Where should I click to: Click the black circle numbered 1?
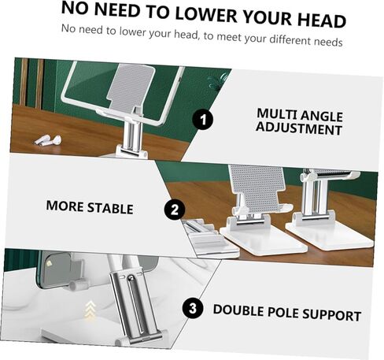point(202,120)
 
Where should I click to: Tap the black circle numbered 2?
point(175,210)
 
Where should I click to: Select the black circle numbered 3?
point(193,308)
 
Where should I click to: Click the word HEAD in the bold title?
point(322,20)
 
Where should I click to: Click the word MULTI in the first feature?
point(276,113)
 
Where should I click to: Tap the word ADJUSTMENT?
point(299,129)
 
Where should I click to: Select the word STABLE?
point(110,208)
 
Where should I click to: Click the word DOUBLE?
point(238,310)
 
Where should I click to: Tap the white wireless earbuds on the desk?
point(47,140)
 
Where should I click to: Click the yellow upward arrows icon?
point(90,309)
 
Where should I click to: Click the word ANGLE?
point(321,116)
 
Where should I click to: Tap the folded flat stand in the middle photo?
point(211,239)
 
